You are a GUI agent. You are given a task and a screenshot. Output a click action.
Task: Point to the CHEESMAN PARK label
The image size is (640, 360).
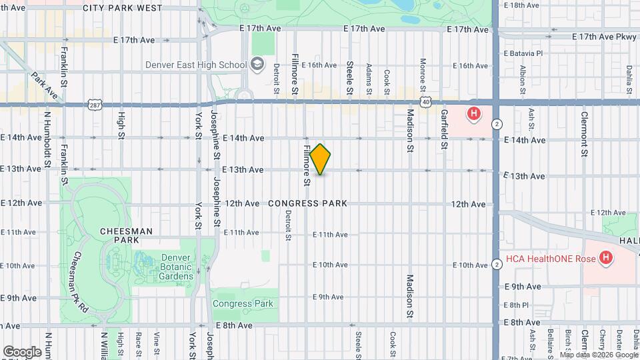(x=126, y=235)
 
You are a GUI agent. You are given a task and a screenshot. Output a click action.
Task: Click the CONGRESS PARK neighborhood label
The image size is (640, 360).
(x=307, y=203)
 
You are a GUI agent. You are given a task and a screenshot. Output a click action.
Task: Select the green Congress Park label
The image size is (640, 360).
(x=243, y=303)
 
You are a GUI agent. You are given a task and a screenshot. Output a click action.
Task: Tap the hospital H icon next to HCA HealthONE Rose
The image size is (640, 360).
(x=605, y=257)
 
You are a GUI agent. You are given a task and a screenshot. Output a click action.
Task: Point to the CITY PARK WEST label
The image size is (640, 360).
(x=123, y=8)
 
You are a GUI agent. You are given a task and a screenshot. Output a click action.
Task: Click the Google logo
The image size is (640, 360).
(x=21, y=351)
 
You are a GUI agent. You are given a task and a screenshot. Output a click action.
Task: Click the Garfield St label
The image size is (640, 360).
(x=444, y=129)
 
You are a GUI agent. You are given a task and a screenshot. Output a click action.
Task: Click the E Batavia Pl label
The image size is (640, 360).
(x=523, y=53)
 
